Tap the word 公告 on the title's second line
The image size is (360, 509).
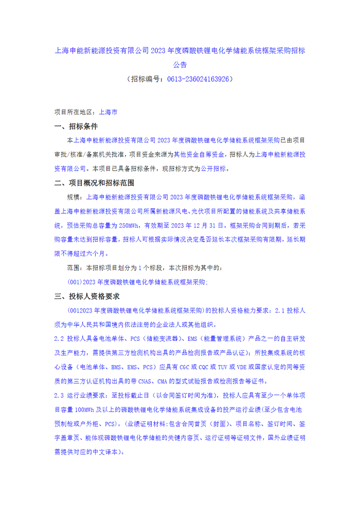tap(179, 65)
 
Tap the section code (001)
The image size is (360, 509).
tap(75, 282)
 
